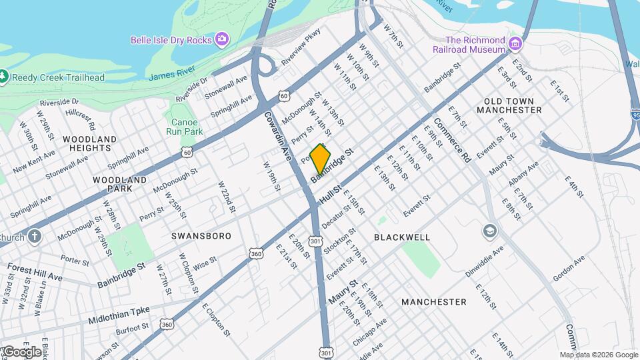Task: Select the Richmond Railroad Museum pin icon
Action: pos(515,44)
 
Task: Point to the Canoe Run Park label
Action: pos(184,127)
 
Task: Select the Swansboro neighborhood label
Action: pos(201,236)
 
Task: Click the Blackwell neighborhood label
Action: pos(402,237)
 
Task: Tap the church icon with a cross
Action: pos(35,236)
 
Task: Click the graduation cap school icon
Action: pos(490,231)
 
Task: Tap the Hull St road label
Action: pos(330,195)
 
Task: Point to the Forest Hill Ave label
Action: pos(34,271)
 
